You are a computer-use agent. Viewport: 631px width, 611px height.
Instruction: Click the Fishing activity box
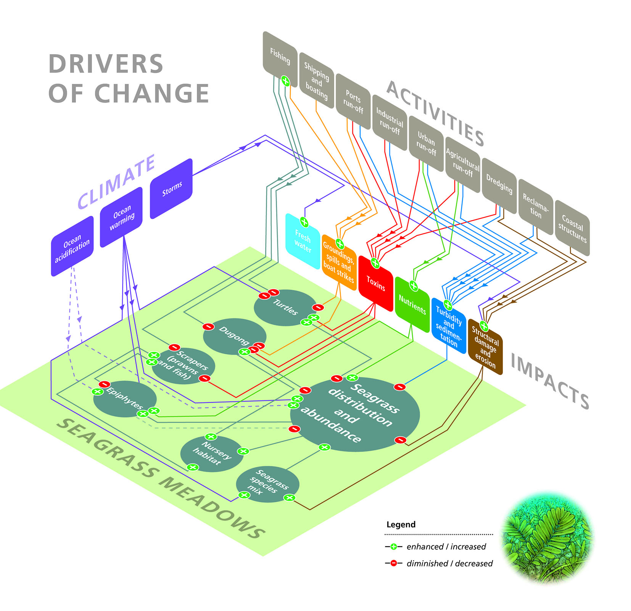coord(280,55)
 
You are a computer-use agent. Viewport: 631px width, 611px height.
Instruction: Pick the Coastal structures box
coord(572,228)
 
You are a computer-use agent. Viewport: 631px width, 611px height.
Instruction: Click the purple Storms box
coord(171,189)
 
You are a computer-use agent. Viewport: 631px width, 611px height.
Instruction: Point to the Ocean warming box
coord(121,217)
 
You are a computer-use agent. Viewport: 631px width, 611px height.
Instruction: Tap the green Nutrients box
coord(412,305)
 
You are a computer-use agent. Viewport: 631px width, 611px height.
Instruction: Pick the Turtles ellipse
coord(285,307)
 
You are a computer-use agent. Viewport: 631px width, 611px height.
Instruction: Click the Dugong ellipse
coord(234,336)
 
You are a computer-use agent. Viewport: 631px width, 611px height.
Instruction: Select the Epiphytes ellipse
coord(125,399)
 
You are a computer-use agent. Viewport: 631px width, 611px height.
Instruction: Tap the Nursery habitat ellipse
coord(211,453)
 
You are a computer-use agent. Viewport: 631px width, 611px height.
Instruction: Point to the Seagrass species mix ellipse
coord(267,484)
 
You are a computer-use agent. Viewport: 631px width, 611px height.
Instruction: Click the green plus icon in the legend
coord(394,547)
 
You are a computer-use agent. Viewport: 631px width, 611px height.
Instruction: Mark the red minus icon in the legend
coord(394,563)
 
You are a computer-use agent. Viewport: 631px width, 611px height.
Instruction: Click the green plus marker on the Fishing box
coord(285,81)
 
